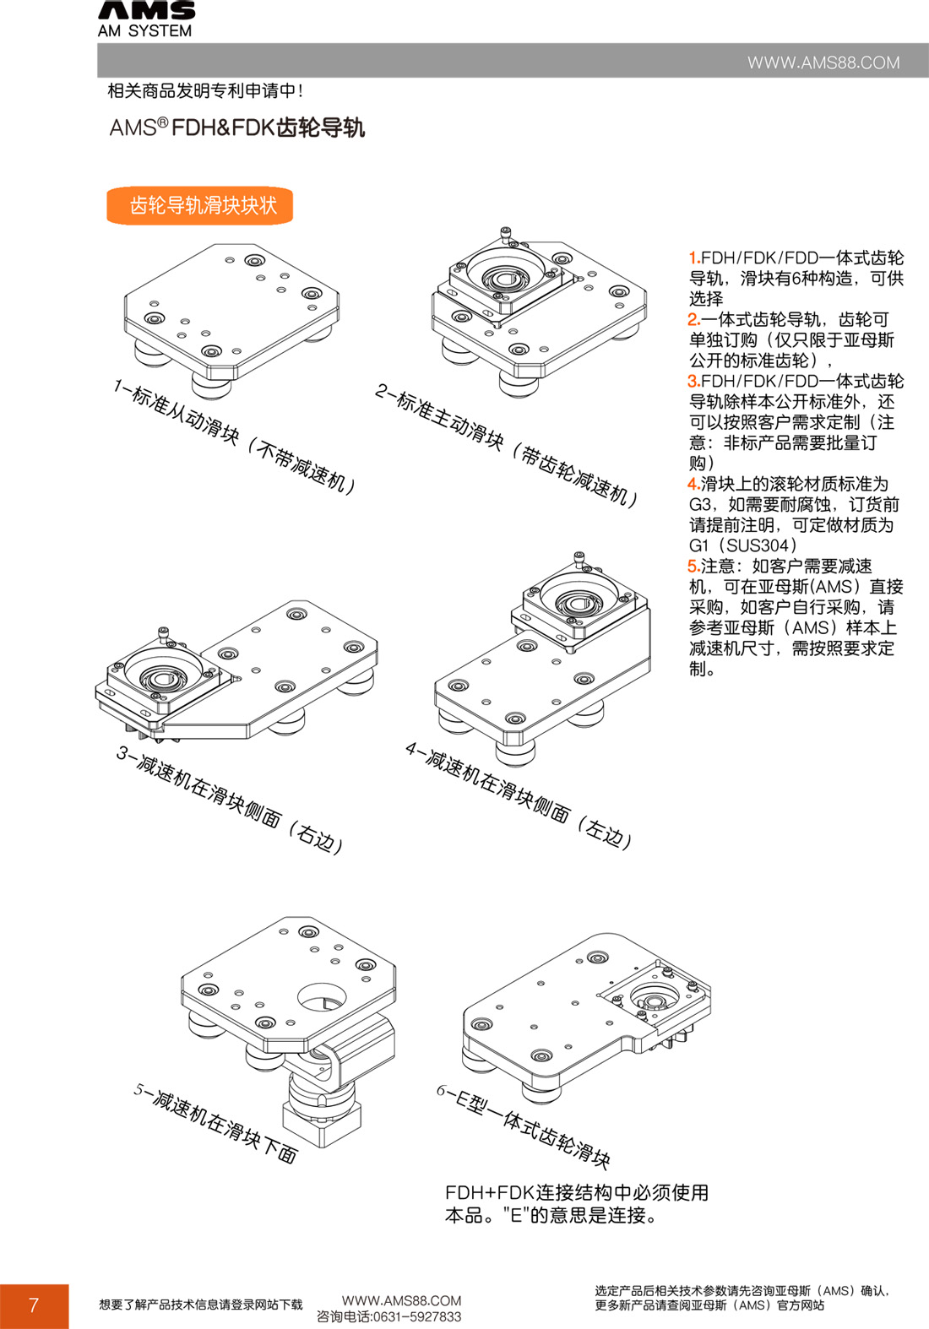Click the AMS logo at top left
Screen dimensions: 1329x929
point(146,19)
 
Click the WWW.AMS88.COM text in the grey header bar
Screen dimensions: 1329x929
point(823,62)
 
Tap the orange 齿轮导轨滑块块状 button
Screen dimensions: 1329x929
point(200,205)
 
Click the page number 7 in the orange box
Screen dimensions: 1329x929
point(34,1305)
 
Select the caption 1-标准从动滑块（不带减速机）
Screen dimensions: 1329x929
point(234,437)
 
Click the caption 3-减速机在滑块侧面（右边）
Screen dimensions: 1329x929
point(230,800)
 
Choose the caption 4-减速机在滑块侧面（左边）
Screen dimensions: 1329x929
point(518,795)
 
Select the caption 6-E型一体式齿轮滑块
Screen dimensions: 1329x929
point(524,1126)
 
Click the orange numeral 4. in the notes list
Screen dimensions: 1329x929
point(693,484)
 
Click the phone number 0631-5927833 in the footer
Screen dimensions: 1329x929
point(417,1316)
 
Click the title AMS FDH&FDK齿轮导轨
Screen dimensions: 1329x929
point(237,127)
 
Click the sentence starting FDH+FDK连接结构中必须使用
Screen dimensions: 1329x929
point(577,1192)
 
